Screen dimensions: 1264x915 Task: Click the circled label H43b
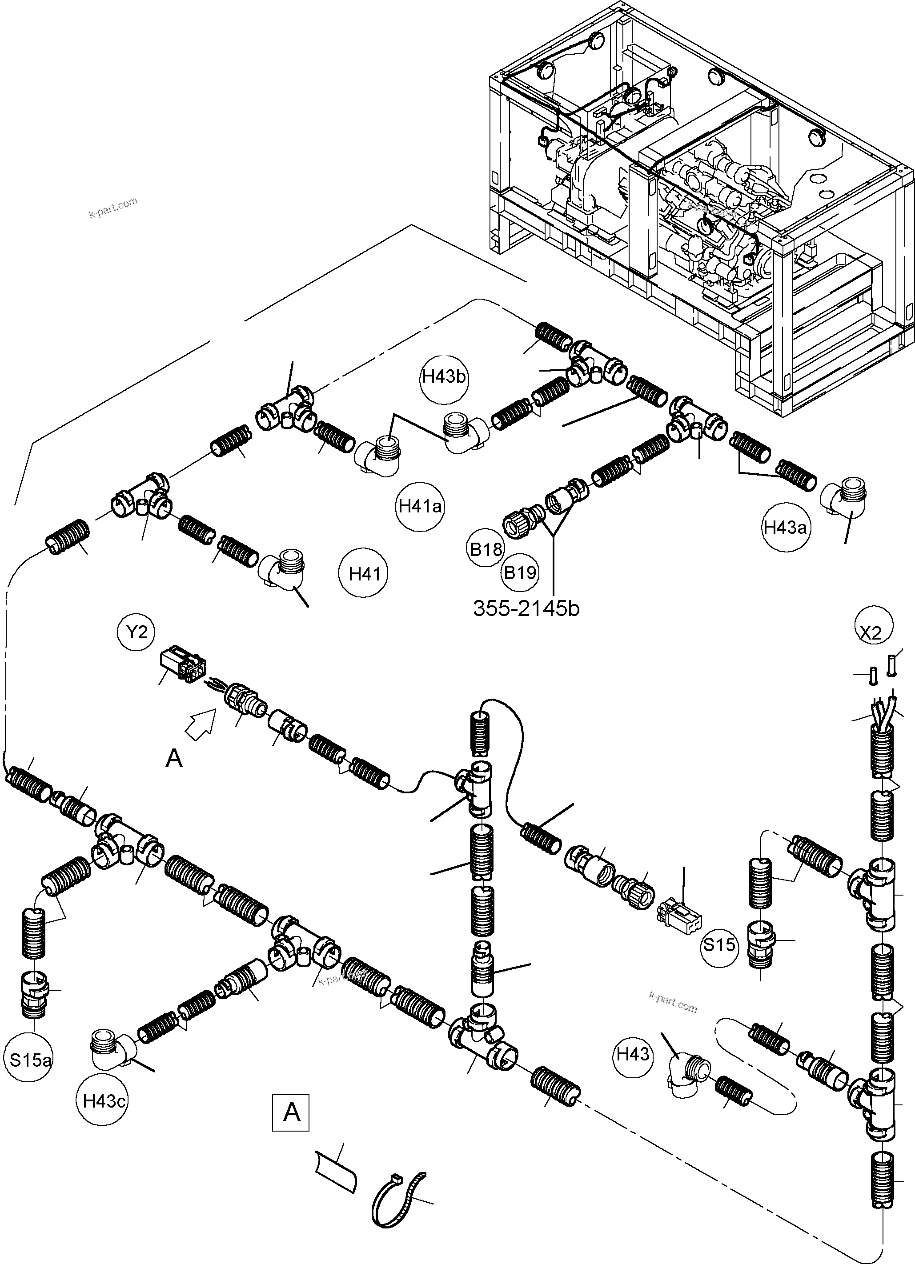pos(444,377)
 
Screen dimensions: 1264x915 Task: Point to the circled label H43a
pos(785,527)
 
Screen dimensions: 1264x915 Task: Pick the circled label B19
pos(520,572)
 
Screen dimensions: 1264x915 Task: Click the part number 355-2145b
pos(526,608)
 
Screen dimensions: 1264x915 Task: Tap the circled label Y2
pos(136,632)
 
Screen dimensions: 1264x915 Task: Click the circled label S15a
pos(31,1060)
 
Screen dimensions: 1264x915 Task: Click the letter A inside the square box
pos(290,1113)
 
